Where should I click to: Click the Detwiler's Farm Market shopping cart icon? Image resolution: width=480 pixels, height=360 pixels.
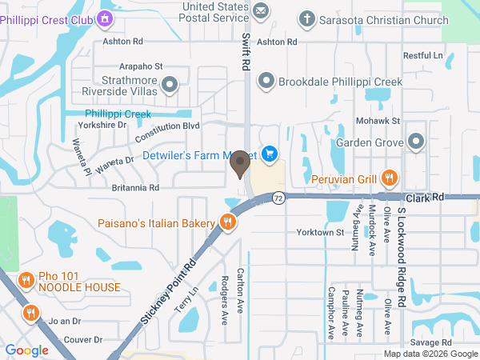point(270,153)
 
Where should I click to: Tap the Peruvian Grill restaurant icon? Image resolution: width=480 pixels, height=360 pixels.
point(390,178)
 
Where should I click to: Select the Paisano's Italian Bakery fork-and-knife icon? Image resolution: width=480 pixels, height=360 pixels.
point(227,222)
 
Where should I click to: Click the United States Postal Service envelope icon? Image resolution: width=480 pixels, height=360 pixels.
point(260,10)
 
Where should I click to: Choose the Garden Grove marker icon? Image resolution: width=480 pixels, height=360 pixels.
point(415,142)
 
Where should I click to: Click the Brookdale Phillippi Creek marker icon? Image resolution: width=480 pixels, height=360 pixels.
point(266,80)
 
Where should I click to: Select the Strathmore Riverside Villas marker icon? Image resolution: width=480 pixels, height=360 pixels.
point(170,85)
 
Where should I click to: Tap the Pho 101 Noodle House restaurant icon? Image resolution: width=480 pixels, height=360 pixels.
point(26,279)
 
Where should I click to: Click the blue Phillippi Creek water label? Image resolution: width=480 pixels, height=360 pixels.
point(118,114)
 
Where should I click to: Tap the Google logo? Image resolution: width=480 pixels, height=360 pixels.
point(26,350)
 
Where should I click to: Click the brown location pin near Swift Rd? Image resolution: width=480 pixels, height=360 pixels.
point(239,164)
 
